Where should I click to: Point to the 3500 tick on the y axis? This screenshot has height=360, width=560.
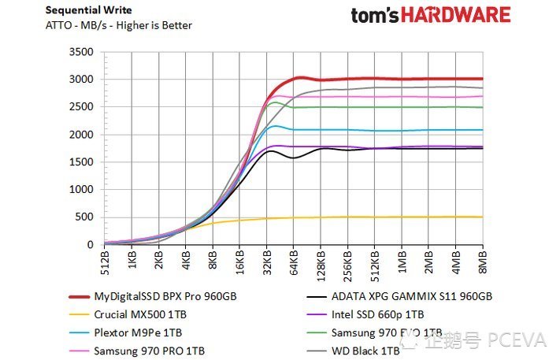pos(82,52)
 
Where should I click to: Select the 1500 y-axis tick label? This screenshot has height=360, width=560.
pos(82,162)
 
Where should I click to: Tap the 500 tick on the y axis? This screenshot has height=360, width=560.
pos(85,217)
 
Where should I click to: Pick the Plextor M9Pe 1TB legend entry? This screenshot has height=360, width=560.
pos(138,332)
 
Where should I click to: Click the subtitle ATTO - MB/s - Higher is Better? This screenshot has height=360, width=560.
pos(118,25)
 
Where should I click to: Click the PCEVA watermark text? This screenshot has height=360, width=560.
pos(516,340)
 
